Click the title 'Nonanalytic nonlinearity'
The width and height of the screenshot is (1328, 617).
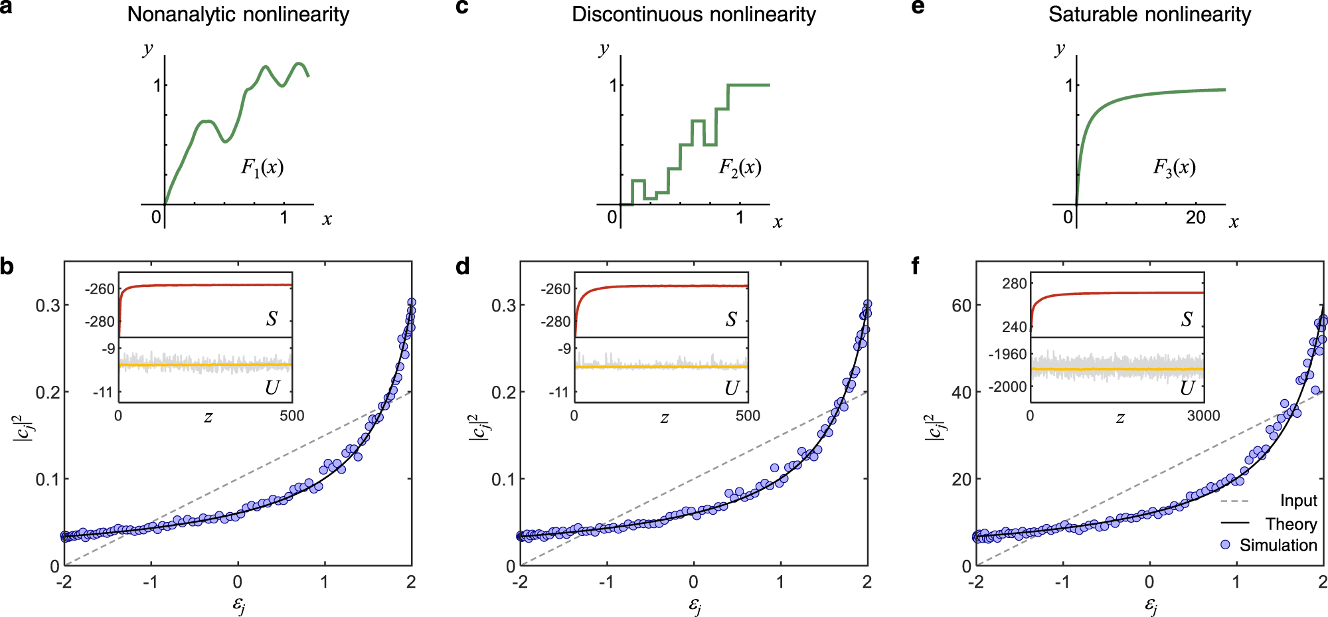tap(238, 15)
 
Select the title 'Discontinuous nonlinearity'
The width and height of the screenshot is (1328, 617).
tap(693, 15)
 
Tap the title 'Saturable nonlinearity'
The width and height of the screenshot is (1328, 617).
tap(1149, 15)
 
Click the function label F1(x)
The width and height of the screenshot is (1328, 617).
tap(262, 167)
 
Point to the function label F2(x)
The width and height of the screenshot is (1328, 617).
tap(740, 167)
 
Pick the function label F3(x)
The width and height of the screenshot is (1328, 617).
tap(1174, 167)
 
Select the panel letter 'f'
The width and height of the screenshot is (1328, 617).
tap(916, 266)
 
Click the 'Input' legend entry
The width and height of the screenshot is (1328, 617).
tap(1298, 501)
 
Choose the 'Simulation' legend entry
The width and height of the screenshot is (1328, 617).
tap(1278, 545)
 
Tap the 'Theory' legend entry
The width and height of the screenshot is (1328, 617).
tap(1290, 524)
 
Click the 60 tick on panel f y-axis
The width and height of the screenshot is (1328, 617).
tap(961, 306)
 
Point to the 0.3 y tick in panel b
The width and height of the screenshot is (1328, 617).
tap(47, 306)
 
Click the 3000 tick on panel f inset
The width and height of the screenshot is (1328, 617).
tap(1203, 416)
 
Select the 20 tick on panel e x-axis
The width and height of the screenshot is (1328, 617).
tap(1195, 218)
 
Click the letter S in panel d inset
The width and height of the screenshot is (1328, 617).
tap(730, 319)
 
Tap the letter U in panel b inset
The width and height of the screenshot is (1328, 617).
tap(272, 388)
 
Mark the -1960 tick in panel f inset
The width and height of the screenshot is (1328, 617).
tap(1007, 354)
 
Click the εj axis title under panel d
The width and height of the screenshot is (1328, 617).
tap(694, 606)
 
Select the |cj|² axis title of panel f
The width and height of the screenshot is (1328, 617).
tap(934, 426)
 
